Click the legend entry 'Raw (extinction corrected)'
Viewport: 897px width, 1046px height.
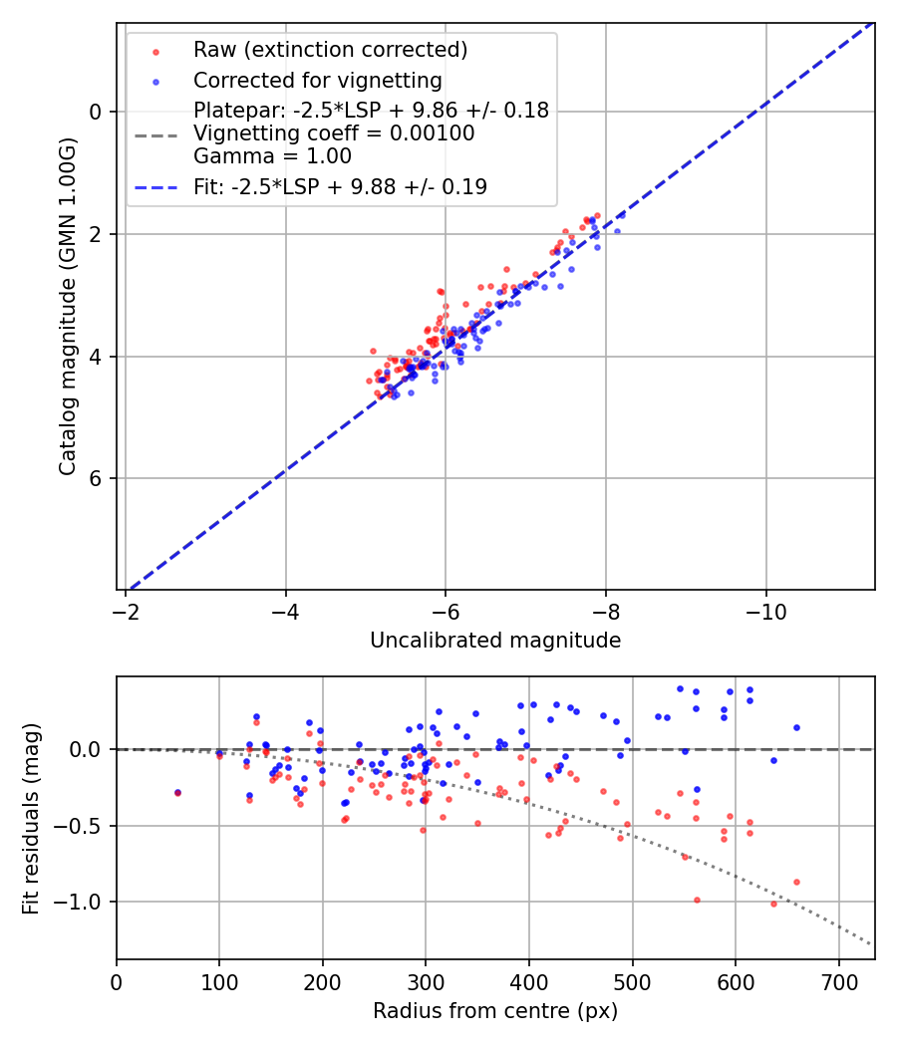coord(330,50)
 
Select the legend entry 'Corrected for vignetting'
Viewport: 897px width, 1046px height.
coord(317,80)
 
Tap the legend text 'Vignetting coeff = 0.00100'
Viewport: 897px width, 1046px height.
coord(334,133)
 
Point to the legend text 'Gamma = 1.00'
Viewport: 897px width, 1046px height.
coord(272,156)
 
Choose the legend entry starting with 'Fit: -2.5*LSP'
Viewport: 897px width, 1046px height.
coord(340,186)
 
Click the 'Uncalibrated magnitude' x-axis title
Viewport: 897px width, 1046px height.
coord(495,641)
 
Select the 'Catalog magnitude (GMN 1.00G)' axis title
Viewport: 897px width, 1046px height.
coord(67,307)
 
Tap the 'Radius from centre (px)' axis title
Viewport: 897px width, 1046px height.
coord(495,1011)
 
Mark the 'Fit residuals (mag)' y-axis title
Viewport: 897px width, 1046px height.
coord(31,818)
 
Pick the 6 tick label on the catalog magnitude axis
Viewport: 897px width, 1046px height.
coord(97,479)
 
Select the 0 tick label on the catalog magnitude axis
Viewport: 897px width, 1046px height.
coord(97,112)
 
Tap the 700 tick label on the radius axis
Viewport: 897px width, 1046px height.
coord(838,980)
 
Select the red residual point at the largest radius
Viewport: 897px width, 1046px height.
coord(796,882)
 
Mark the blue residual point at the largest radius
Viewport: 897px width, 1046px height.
coord(796,727)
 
